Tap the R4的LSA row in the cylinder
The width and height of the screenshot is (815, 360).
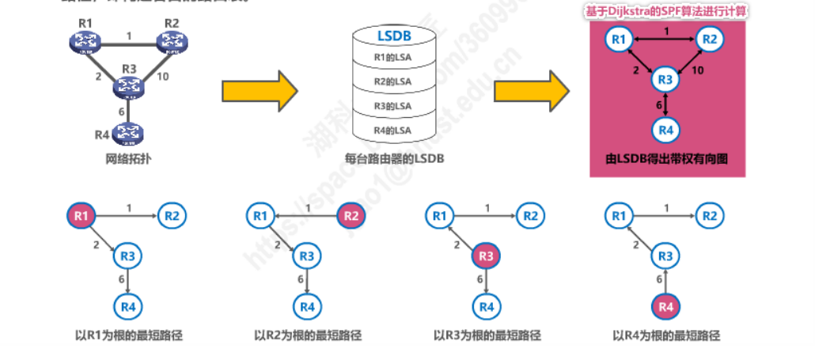click(x=393, y=130)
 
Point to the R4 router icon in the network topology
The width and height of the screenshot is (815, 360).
click(x=126, y=132)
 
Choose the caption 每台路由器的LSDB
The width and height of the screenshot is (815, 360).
click(x=394, y=158)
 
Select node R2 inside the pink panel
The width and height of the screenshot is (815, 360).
click(x=710, y=39)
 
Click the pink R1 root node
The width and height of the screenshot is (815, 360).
click(x=81, y=214)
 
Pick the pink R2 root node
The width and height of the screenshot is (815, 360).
click(x=352, y=214)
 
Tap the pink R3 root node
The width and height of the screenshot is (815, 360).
click(x=487, y=256)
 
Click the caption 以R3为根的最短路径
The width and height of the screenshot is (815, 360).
click(x=487, y=335)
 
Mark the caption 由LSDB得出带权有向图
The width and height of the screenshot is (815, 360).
click(x=666, y=158)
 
